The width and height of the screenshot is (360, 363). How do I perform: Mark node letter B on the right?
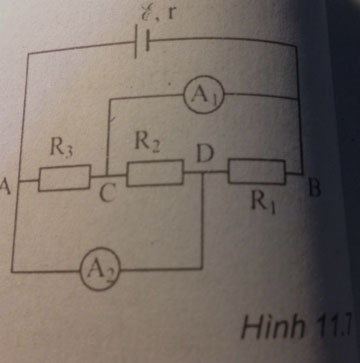[x=312, y=186]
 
